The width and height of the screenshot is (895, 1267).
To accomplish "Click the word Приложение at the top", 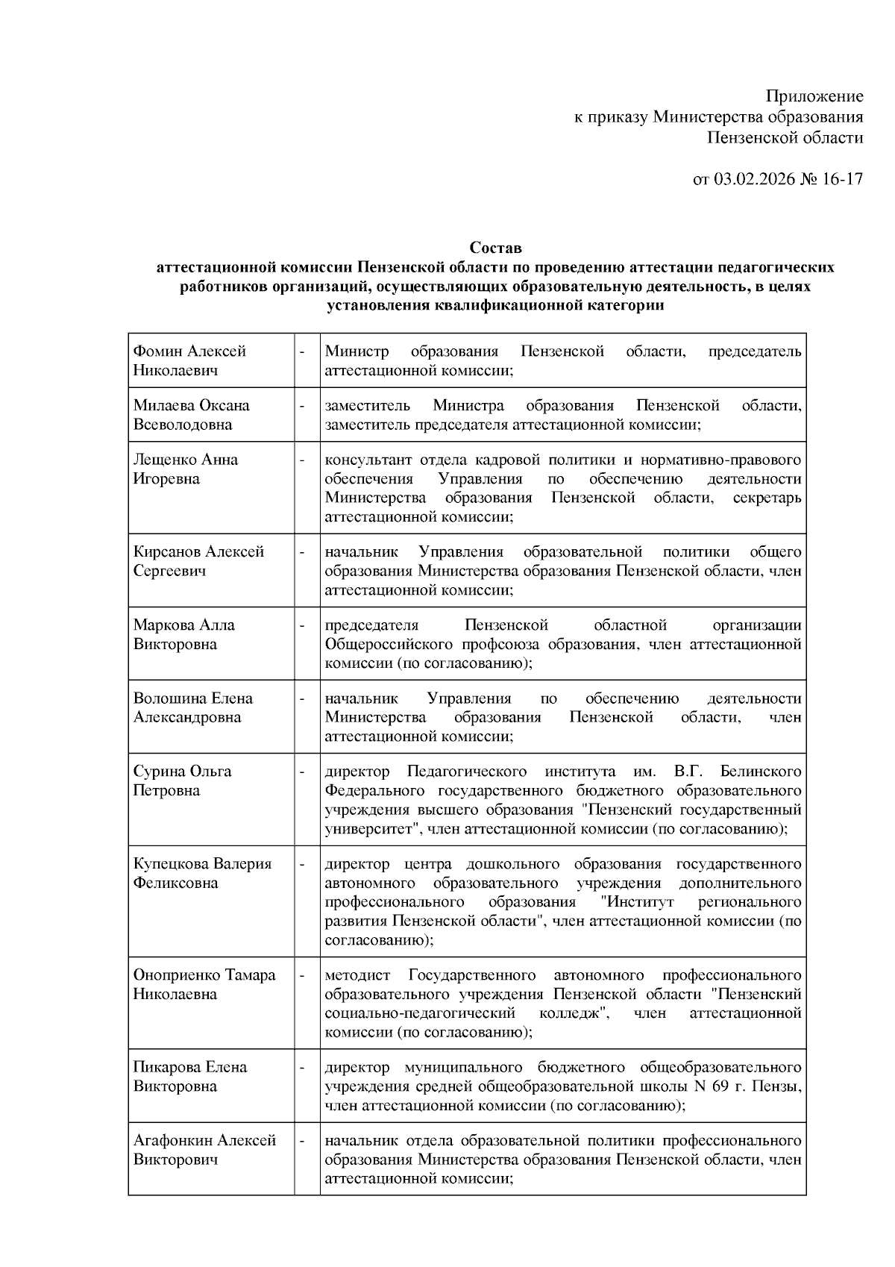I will [x=814, y=96].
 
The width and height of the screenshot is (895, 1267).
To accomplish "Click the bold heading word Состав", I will [x=495, y=247].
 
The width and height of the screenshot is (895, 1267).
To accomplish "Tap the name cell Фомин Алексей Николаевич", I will [x=189, y=360].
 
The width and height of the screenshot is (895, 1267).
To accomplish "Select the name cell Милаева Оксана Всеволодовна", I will [x=191, y=415].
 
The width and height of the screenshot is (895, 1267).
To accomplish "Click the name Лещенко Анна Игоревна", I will [x=185, y=469].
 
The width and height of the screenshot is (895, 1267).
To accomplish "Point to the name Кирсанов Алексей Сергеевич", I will [x=198, y=561].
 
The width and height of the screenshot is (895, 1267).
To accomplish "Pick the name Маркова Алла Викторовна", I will [x=183, y=634].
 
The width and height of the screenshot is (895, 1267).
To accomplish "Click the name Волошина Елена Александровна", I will [x=192, y=707].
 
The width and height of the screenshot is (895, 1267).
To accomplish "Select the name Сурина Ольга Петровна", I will [x=182, y=780].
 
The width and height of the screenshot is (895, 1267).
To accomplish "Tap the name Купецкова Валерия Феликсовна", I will [x=201, y=873].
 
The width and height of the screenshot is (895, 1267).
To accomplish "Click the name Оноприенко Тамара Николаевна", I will [x=204, y=984].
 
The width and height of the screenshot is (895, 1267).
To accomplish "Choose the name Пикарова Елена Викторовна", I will [x=189, y=1076].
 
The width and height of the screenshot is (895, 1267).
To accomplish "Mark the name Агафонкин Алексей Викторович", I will [x=204, y=1149].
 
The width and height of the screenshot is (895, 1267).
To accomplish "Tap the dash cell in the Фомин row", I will [x=302, y=351].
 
